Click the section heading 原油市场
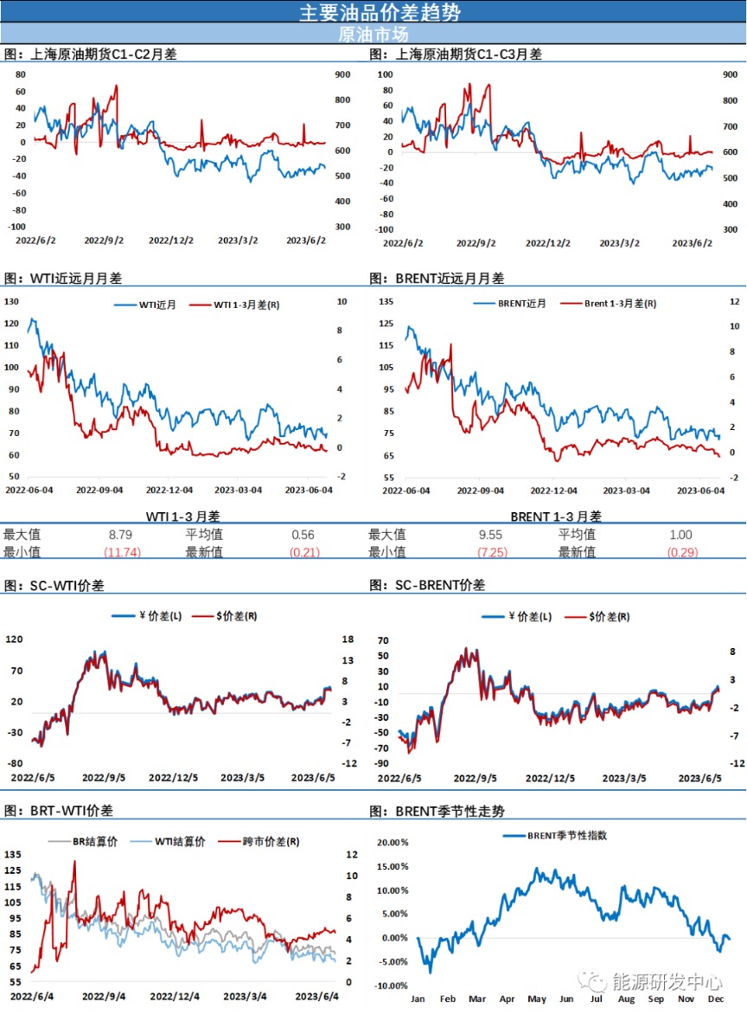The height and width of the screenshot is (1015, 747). click(x=373, y=35)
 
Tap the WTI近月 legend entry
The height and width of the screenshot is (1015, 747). click(x=153, y=305)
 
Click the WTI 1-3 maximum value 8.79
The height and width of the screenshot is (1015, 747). click(x=118, y=535)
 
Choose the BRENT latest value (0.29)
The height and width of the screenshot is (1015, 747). click(x=682, y=551)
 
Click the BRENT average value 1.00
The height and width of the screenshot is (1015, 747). click(x=681, y=535)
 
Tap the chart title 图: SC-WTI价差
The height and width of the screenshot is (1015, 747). click(x=54, y=585)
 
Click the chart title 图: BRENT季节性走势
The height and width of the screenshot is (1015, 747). click(x=437, y=811)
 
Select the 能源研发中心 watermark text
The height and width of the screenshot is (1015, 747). click(x=666, y=980)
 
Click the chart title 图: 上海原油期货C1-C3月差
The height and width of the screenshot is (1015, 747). click(x=456, y=54)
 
